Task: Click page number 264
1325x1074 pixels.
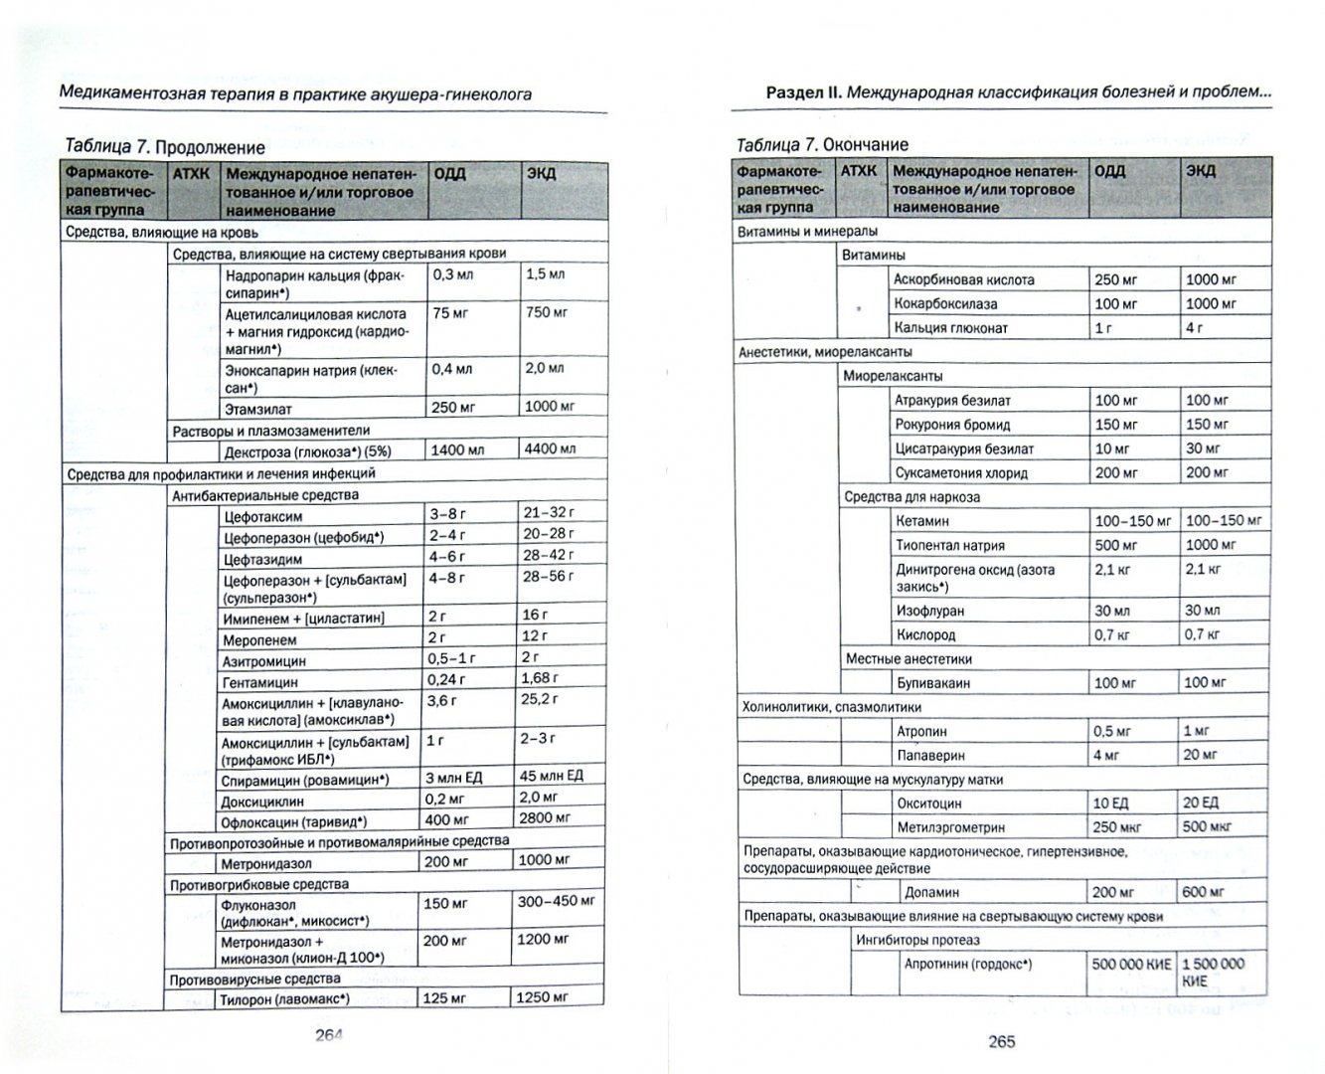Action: click(x=328, y=1034)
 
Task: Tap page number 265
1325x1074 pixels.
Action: click(x=1001, y=1041)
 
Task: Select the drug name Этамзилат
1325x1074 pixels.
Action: click(x=258, y=409)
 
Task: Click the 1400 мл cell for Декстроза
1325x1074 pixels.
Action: click(x=457, y=450)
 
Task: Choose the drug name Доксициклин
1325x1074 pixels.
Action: click(x=263, y=801)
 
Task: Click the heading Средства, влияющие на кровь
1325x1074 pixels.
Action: click(x=162, y=233)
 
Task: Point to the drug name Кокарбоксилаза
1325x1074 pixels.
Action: click(x=944, y=304)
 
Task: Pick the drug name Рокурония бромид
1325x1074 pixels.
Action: click(x=952, y=425)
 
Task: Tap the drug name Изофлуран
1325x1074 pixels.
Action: click(x=929, y=611)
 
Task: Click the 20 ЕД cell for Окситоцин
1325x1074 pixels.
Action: click(x=1202, y=803)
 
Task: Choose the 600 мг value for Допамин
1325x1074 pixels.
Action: click(x=1203, y=892)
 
